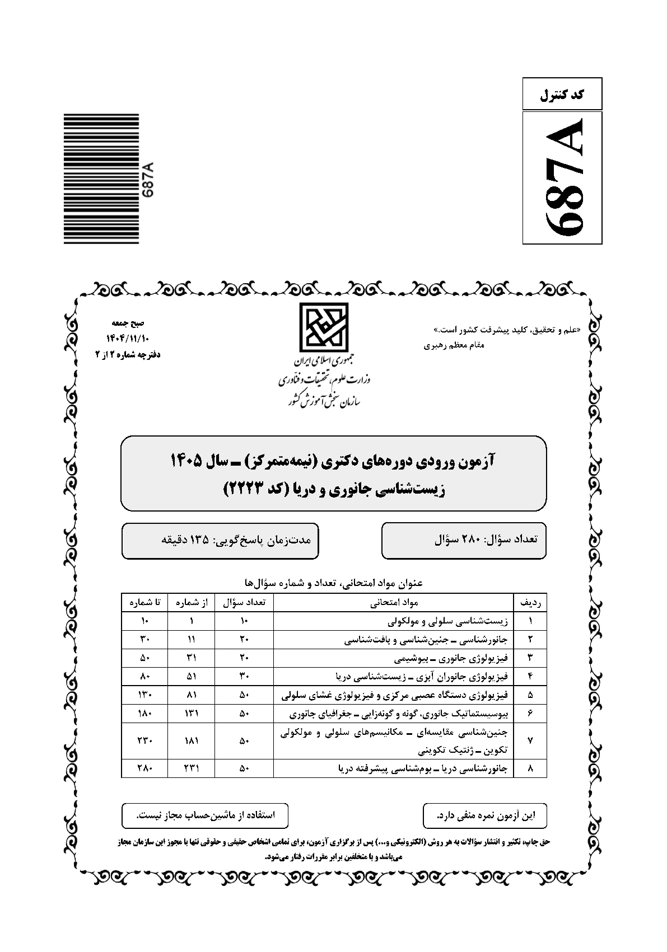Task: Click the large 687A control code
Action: [562, 177]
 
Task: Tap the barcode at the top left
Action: [101, 179]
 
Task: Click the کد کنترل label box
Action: [562, 94]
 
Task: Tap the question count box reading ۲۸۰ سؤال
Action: [464, 540]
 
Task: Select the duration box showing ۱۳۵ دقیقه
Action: [220, 540]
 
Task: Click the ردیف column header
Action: [530, 603]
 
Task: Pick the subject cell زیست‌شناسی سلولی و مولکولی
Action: [449, 621]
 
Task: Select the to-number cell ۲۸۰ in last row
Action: [144, 768]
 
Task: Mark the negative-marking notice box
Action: [485, 815]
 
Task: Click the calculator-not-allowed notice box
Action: [205, 815]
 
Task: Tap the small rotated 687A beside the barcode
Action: [148, 179]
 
